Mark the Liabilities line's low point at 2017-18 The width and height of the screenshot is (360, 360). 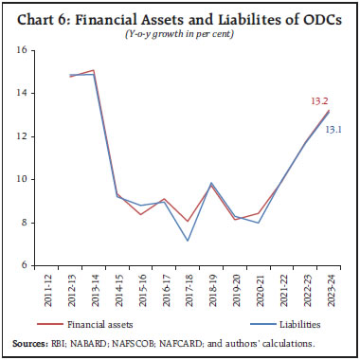click(187, 241)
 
